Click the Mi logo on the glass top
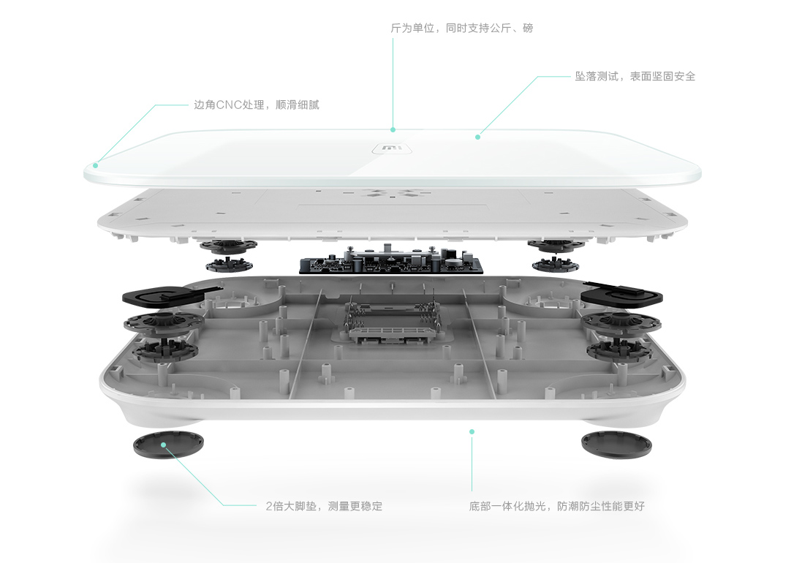point(391,149)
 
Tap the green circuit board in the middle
point(391,260)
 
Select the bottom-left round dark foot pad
point(168,445)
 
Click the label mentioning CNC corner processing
point(257,105)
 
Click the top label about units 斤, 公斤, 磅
point(461,28)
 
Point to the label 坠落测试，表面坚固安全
point(635,76)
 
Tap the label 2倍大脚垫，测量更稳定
point(324,506)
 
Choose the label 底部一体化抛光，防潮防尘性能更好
point(556,506)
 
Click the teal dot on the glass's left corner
point(95,165)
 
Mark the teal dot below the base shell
point(472,432)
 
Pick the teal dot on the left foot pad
point(163,445)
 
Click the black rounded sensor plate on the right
point(621,293)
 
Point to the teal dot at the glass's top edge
point(393,130)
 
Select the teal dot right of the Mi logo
point(477,137)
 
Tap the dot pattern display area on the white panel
point(391,194)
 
